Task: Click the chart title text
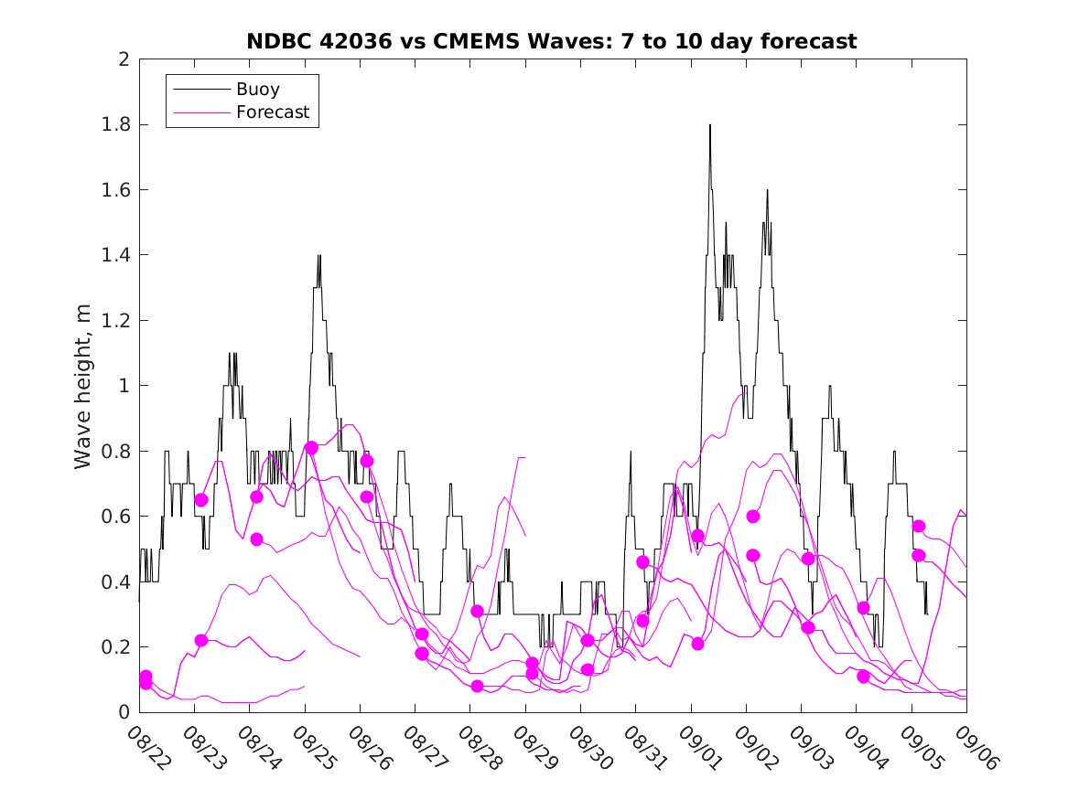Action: pyautogui.click(x=552, y=41)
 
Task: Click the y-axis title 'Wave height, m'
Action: pyautogui.click(x=83, y=386)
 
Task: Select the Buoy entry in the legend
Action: pyautogui.click(x=257, y=90)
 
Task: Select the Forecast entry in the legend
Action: pyautogui.click(x=272, y=113)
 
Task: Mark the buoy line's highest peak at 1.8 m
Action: pyautogui.click(x=709, y=125)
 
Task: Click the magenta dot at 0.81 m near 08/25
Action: pyautogui.click(x=311, y=448)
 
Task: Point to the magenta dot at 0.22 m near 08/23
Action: pyautogui.click(x=201, y=640)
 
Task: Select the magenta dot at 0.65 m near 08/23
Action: pyautogui.click(x=201, y=500)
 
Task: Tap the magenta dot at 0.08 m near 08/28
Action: pyautogui.click(x=477, y=686)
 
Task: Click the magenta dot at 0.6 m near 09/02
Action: pyautogui.click(x=753, y=516)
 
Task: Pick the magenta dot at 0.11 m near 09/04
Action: pyautogui.click(x=863, y=677)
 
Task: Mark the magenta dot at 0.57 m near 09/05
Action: pyautogui.click(x=919, y=526)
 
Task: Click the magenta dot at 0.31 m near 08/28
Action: pyautogui.click(x=477, y=611)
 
